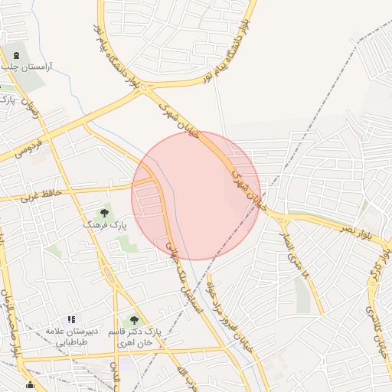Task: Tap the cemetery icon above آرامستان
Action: (x=16, y=55)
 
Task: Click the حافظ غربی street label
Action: (x=21, y=195)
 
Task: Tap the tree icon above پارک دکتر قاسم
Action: (x=135, y=320)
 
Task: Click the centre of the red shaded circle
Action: (x=196, y=195)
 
